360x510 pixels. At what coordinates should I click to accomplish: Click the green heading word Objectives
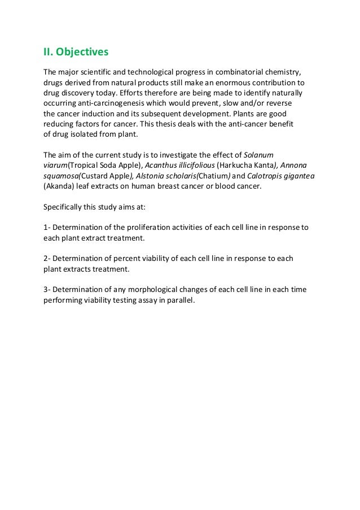point(82,52)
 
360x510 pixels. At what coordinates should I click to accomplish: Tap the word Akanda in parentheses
point(58,186)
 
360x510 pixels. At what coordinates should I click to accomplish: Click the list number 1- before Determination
point(47,228)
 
